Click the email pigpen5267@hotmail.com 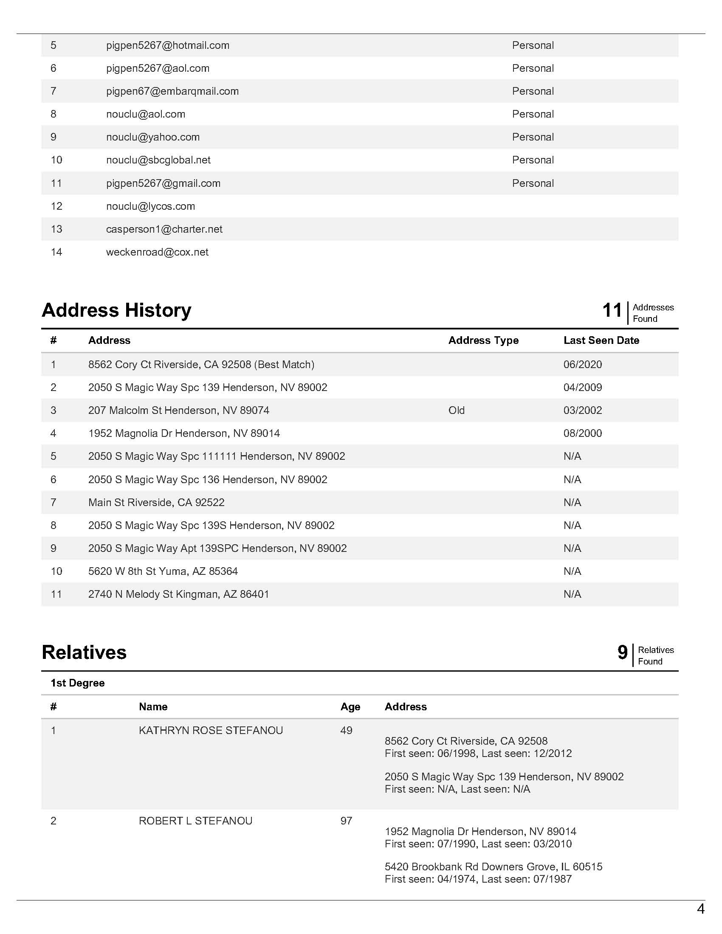[168, 45]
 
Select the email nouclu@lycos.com [151, 206]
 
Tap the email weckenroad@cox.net [157, 252]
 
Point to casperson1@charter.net [164, 229]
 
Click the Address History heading [116, 310]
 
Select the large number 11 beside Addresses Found [612, 310]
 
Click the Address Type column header [483, 340]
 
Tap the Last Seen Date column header [601, 340]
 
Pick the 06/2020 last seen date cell [583, 364]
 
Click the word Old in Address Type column [457, 411]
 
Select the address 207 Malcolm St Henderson [179, 411]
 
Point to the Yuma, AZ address [163, 571]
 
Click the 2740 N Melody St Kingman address [179, 594]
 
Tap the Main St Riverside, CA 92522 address [157, 503]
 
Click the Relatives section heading [84, 653]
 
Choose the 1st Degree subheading [77, 683]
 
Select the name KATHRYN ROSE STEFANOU [211, 731]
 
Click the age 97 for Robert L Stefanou [346, 821]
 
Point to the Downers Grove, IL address [493, 867]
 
